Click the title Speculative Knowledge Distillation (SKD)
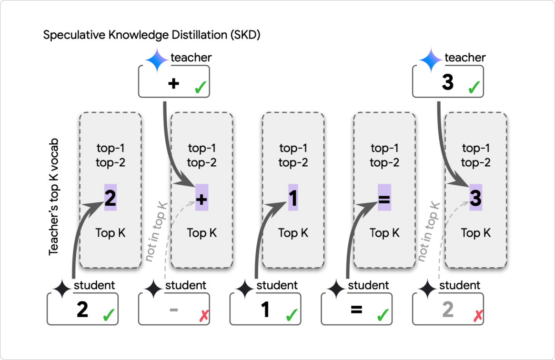pos(151,35)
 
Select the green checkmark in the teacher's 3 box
pos(474,88)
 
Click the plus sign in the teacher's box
pos(174,84)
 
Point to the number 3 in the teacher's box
pos(447,82)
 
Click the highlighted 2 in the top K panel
pos(110,197)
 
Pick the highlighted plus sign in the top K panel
pos(202,197)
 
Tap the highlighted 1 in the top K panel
pos(293,197)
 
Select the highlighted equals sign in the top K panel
pos(384,198)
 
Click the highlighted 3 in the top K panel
pos(475,197)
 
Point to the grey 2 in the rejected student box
pos(448,310)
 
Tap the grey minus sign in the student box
pos(174,310)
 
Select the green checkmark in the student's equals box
pos(383,315)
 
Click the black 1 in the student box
pos(265,310)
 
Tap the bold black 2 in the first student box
pos(82,310)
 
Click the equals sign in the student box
pos(356,310)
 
